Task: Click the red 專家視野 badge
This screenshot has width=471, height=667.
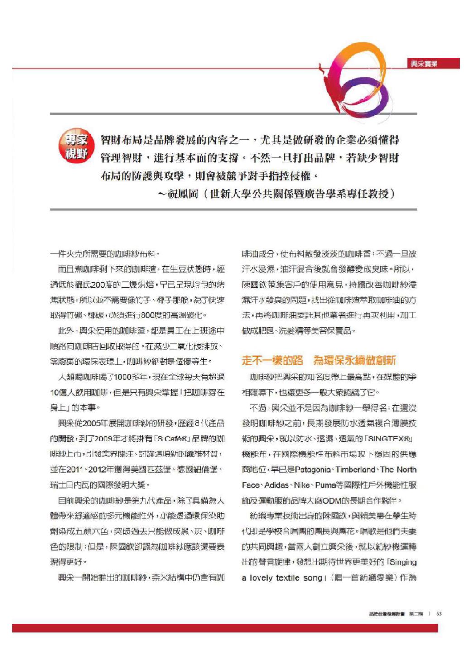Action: [x=76, y=147]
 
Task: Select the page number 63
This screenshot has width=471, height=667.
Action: [x=439, y=614]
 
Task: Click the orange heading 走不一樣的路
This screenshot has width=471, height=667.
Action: [x=273, y=360]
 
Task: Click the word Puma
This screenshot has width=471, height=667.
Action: [x=325, y=485]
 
